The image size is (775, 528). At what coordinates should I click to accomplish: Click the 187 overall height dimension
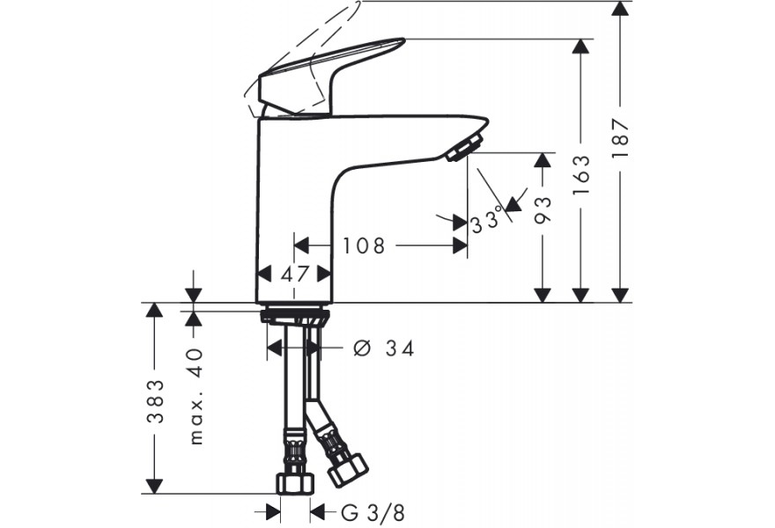[620, 138]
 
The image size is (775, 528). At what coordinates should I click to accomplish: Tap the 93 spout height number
[542, 210]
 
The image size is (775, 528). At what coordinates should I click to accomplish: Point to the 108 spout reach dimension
[364, 246]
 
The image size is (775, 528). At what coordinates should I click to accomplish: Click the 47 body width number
[295, 274]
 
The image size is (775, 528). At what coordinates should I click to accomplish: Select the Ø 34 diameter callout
[384, 348]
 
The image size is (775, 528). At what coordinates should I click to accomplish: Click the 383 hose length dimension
[155, 401]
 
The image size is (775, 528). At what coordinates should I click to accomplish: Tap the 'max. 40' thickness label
[196, 397]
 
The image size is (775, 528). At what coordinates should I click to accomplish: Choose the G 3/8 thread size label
[373, 513]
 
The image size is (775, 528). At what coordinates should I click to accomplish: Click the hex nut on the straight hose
[296, 483]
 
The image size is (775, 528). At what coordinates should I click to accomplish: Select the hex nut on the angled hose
[348, 470]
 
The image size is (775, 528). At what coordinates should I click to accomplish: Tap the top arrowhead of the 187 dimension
[620, 9]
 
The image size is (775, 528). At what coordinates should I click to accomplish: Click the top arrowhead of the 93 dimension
[542, 160]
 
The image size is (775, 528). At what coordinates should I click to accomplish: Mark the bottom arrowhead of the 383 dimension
[155, 486]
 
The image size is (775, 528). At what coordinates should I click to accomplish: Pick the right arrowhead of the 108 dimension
[460, 246]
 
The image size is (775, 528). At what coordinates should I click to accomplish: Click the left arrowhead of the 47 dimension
[264, 274]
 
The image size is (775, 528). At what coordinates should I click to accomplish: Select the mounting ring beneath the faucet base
[294, 315]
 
